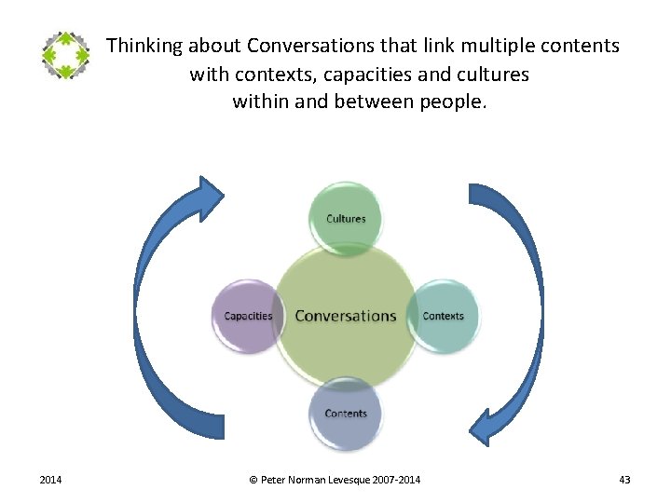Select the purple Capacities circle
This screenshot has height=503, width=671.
(x=248, y=316)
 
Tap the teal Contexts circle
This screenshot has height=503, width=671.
(x=443, y=316)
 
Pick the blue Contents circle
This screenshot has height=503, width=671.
(x=346, y=413)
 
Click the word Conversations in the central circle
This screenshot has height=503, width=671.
(x=346, y=316)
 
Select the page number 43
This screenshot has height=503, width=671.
(x=624, y=480)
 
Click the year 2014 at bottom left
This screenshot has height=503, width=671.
(x=50, y=480)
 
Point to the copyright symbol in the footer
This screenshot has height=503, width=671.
(x=253, y=480)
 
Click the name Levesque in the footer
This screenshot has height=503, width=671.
(x=350, y=480)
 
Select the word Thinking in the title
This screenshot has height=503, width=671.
(x=143, y=46)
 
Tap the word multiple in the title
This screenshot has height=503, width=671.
(x=491, y=46)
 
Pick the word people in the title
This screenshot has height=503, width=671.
(x=456, y=102)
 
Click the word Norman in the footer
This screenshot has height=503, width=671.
(x=308, y=480)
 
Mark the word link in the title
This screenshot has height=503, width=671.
(x=429, y=46)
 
